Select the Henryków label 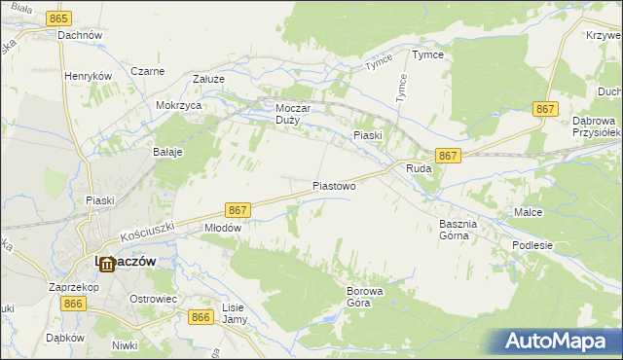coord(90,75)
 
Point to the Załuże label coord(209,80)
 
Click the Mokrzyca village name coord(178,105)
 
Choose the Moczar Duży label coord(293,114)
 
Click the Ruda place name coord(419,168)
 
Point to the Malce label coord(529,211)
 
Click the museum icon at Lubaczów coord(105,264)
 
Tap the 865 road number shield coord(58,19)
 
